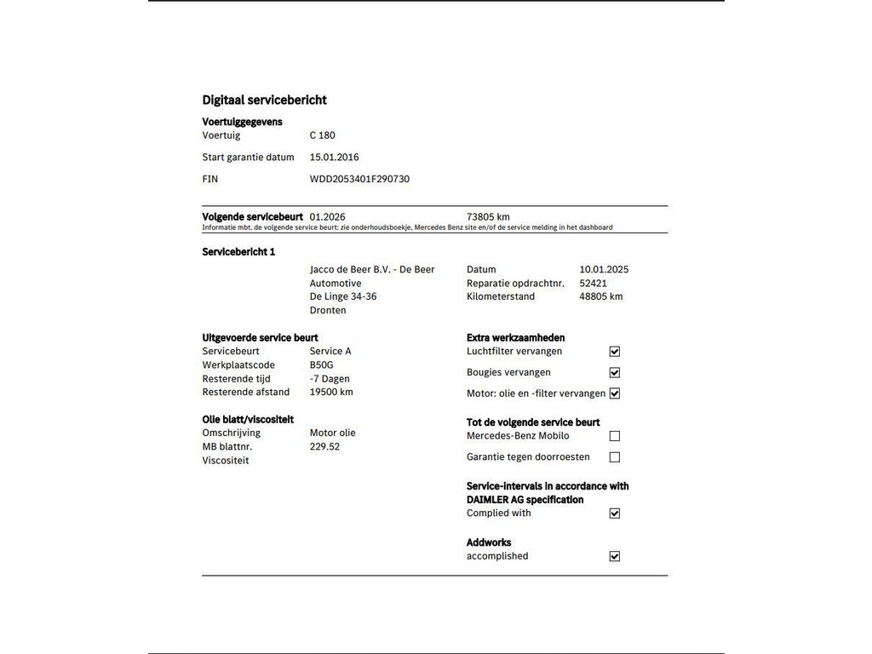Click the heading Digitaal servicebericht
coord(264,100)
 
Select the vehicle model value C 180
coord(322,135)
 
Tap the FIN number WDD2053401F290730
coord(359,180)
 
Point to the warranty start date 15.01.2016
coord(334,158)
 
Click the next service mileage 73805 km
coord(488,217)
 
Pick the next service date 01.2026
coord(327,217)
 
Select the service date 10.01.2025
coord(604,270)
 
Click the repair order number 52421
coord(593,284)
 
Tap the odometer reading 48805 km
coord(600,297)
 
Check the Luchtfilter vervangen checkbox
coord(615,352)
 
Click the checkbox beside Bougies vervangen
coord(615,373)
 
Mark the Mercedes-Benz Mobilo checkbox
coord(615,436)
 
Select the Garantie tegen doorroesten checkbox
coord(615,457)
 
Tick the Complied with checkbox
coord(615,513)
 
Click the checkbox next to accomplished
coord(615,557)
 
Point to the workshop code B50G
coord(322,365)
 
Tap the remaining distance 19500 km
coord(330,393)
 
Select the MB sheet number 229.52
coord(324,447)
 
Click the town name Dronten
coord(328,311)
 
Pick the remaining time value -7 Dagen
coord(330,379)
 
